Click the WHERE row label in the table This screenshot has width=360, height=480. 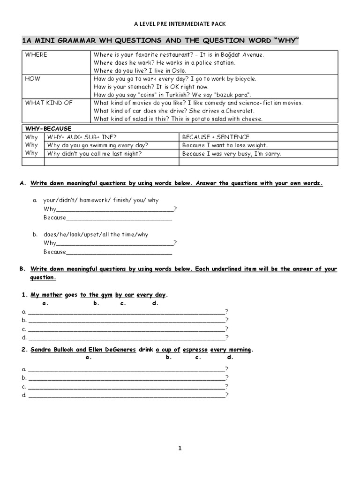point(36,54)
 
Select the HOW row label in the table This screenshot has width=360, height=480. point(33,79)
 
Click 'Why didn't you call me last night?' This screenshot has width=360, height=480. point(95,153)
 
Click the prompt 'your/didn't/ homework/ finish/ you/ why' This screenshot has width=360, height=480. point(101,200)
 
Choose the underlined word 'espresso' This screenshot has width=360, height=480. point(195,350)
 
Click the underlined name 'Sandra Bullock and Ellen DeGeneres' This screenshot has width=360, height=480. point(83,350)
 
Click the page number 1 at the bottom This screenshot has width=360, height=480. point(180,448)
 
